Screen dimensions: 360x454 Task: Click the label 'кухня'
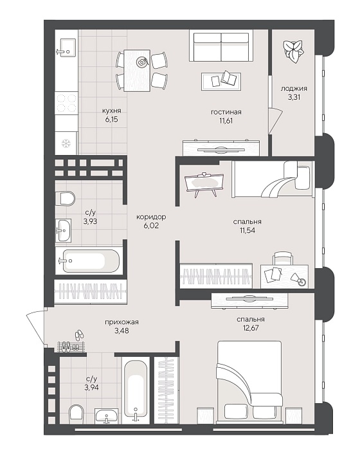click(111, 111)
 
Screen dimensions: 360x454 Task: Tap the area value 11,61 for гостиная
click(226, 121)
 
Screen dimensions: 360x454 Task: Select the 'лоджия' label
click(294, 88)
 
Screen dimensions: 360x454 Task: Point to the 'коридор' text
click(151, 217)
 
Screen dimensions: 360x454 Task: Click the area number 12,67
click(251, 328)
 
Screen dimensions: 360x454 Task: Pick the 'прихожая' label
click(122, 322)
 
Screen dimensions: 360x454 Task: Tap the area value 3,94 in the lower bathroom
click(91, 387)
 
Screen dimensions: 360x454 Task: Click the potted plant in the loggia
click(293, 51)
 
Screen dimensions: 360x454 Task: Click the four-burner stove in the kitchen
click(66, 104)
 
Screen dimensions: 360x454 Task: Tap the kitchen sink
click(66, 50)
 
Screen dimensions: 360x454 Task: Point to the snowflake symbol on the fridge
click(66, 143)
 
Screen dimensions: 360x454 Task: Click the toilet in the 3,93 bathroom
click(65, 198)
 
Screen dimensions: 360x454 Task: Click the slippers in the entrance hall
click(79, 335)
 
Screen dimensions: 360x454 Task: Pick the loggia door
click(275, 121)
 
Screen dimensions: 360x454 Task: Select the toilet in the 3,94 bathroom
click(76, 414)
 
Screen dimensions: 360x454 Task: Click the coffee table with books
click(221, 79)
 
